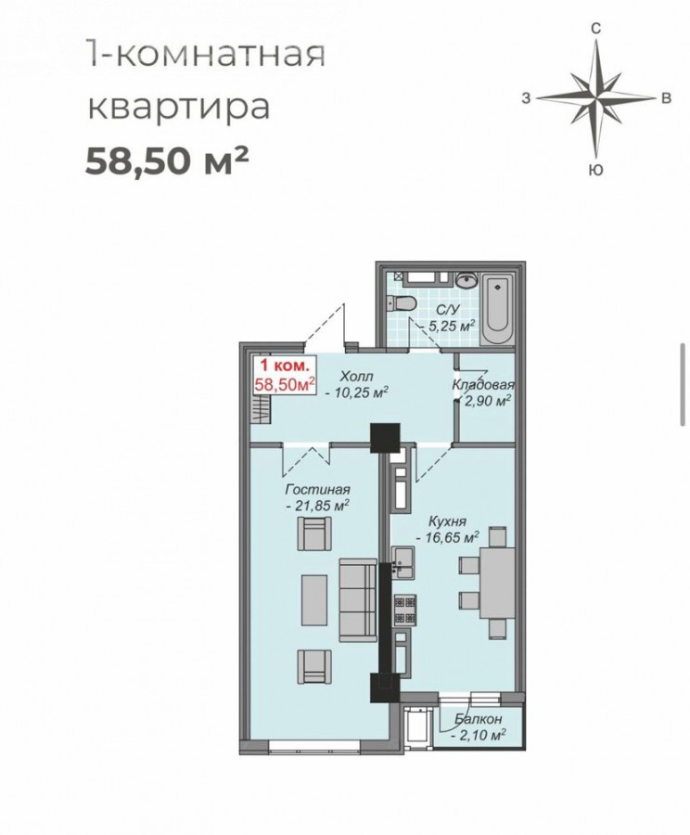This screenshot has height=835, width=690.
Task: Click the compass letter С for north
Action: pos(596,28)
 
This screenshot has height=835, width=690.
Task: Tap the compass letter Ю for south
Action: pos(597,170)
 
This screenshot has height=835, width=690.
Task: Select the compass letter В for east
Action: pos(666,98)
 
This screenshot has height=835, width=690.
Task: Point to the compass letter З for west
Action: pos(526,98)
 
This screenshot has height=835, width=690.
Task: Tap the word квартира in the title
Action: pos(179,108)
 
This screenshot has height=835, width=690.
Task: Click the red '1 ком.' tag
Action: pos(284,366)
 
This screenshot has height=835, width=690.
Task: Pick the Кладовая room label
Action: pos(483,384)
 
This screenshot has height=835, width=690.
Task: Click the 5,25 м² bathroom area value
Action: pos(448,326)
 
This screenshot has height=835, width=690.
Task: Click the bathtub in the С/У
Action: pos(497,308)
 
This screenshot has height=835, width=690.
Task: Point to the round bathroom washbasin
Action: pos(466,280)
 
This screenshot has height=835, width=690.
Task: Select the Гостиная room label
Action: pos(318,489)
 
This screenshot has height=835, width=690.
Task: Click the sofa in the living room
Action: pos(358,599)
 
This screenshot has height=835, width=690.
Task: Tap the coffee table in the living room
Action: pos(314,599)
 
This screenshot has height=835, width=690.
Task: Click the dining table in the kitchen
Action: pos(497,584)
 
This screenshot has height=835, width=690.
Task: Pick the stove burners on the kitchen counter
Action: pos(405,610)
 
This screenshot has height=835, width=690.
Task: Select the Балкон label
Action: pos(478,719)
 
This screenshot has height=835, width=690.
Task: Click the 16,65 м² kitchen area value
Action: pos(448,538)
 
